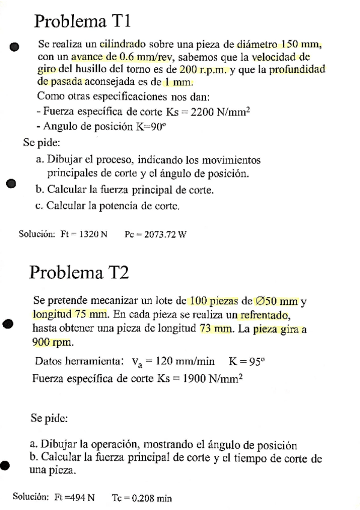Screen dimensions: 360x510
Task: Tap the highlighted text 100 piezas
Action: click(213, 301)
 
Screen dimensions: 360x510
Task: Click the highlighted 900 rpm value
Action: click(52, 342)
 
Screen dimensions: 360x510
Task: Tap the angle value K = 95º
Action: click(247, 362)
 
